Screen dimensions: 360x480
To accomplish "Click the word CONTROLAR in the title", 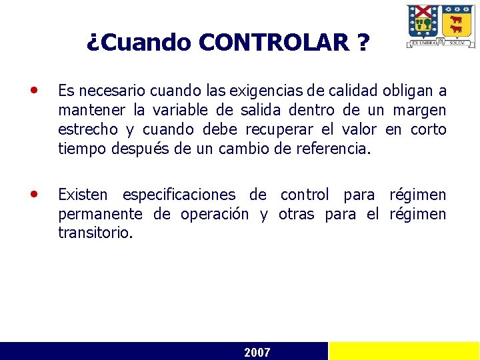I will click(273, 43).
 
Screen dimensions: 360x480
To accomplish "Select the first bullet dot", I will click(34, 89).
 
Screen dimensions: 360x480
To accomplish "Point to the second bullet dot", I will click(34, 193).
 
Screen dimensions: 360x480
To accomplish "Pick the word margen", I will click(419, 110).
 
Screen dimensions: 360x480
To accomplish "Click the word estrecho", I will click(86, 129).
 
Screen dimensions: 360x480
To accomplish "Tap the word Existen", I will click(83, 195).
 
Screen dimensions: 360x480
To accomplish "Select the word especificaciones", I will click(179, 195).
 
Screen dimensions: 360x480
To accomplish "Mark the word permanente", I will click(100, 215).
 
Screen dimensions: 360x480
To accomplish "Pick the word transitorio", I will click(95, 234).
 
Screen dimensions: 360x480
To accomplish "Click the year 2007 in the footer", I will click(257, 352).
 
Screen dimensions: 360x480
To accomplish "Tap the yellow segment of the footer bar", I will click(404, 351).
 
